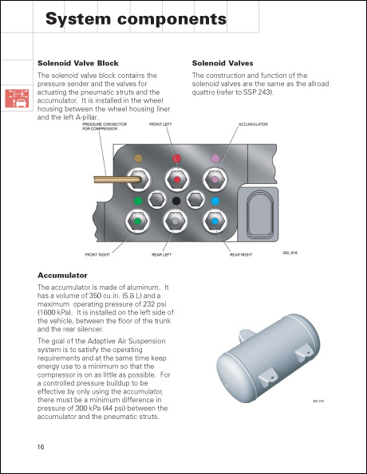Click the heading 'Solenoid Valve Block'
[x=78, y=62]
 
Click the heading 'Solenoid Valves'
[x=223, y=62]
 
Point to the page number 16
[x=41, y=446]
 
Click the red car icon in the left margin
[x=16, y=100]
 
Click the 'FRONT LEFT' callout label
[x=160, y=125]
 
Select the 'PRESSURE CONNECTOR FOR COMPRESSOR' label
[x=101, y=127]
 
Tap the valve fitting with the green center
[x=139, y=220]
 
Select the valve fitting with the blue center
[x=215, y=220]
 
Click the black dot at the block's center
[x=176, y=201]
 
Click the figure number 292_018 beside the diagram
[x=290, y=253]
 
